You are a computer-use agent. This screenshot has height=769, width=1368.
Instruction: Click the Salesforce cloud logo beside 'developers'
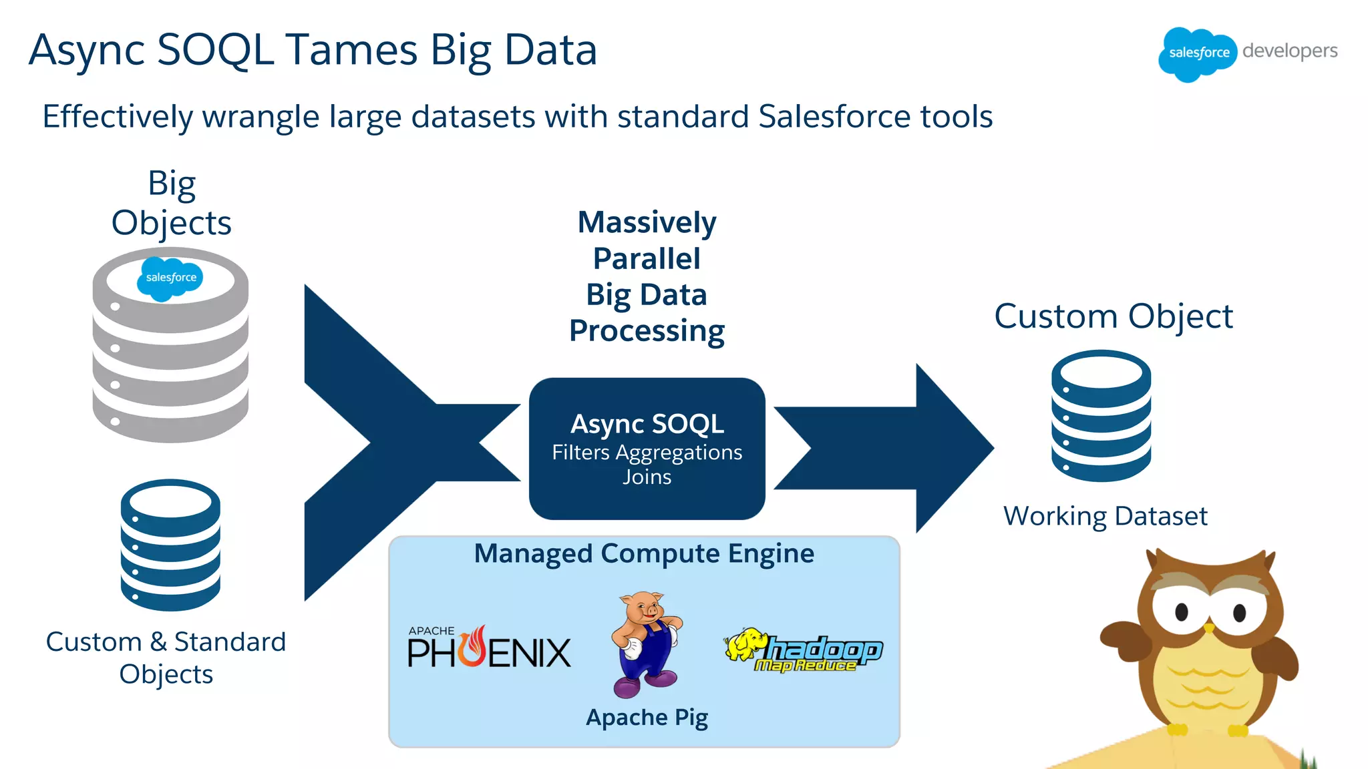1198,53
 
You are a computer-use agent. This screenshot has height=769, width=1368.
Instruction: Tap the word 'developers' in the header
1290,51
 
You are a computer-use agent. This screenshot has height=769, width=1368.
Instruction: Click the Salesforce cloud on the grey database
170,278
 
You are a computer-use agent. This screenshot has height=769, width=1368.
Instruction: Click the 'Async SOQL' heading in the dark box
647,424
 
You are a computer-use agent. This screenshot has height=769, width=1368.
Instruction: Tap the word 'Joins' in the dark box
647,477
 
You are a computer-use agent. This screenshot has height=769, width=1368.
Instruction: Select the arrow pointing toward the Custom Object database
888,448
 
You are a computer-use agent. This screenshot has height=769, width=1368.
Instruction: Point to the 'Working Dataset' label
1105,516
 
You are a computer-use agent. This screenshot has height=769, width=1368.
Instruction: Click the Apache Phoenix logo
489,648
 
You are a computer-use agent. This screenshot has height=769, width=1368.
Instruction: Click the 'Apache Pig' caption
647,718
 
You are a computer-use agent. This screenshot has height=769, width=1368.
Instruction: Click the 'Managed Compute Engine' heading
644,553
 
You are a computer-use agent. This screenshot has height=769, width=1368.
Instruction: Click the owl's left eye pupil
1181,611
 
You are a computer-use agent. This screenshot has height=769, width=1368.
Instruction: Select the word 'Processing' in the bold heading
647,331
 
